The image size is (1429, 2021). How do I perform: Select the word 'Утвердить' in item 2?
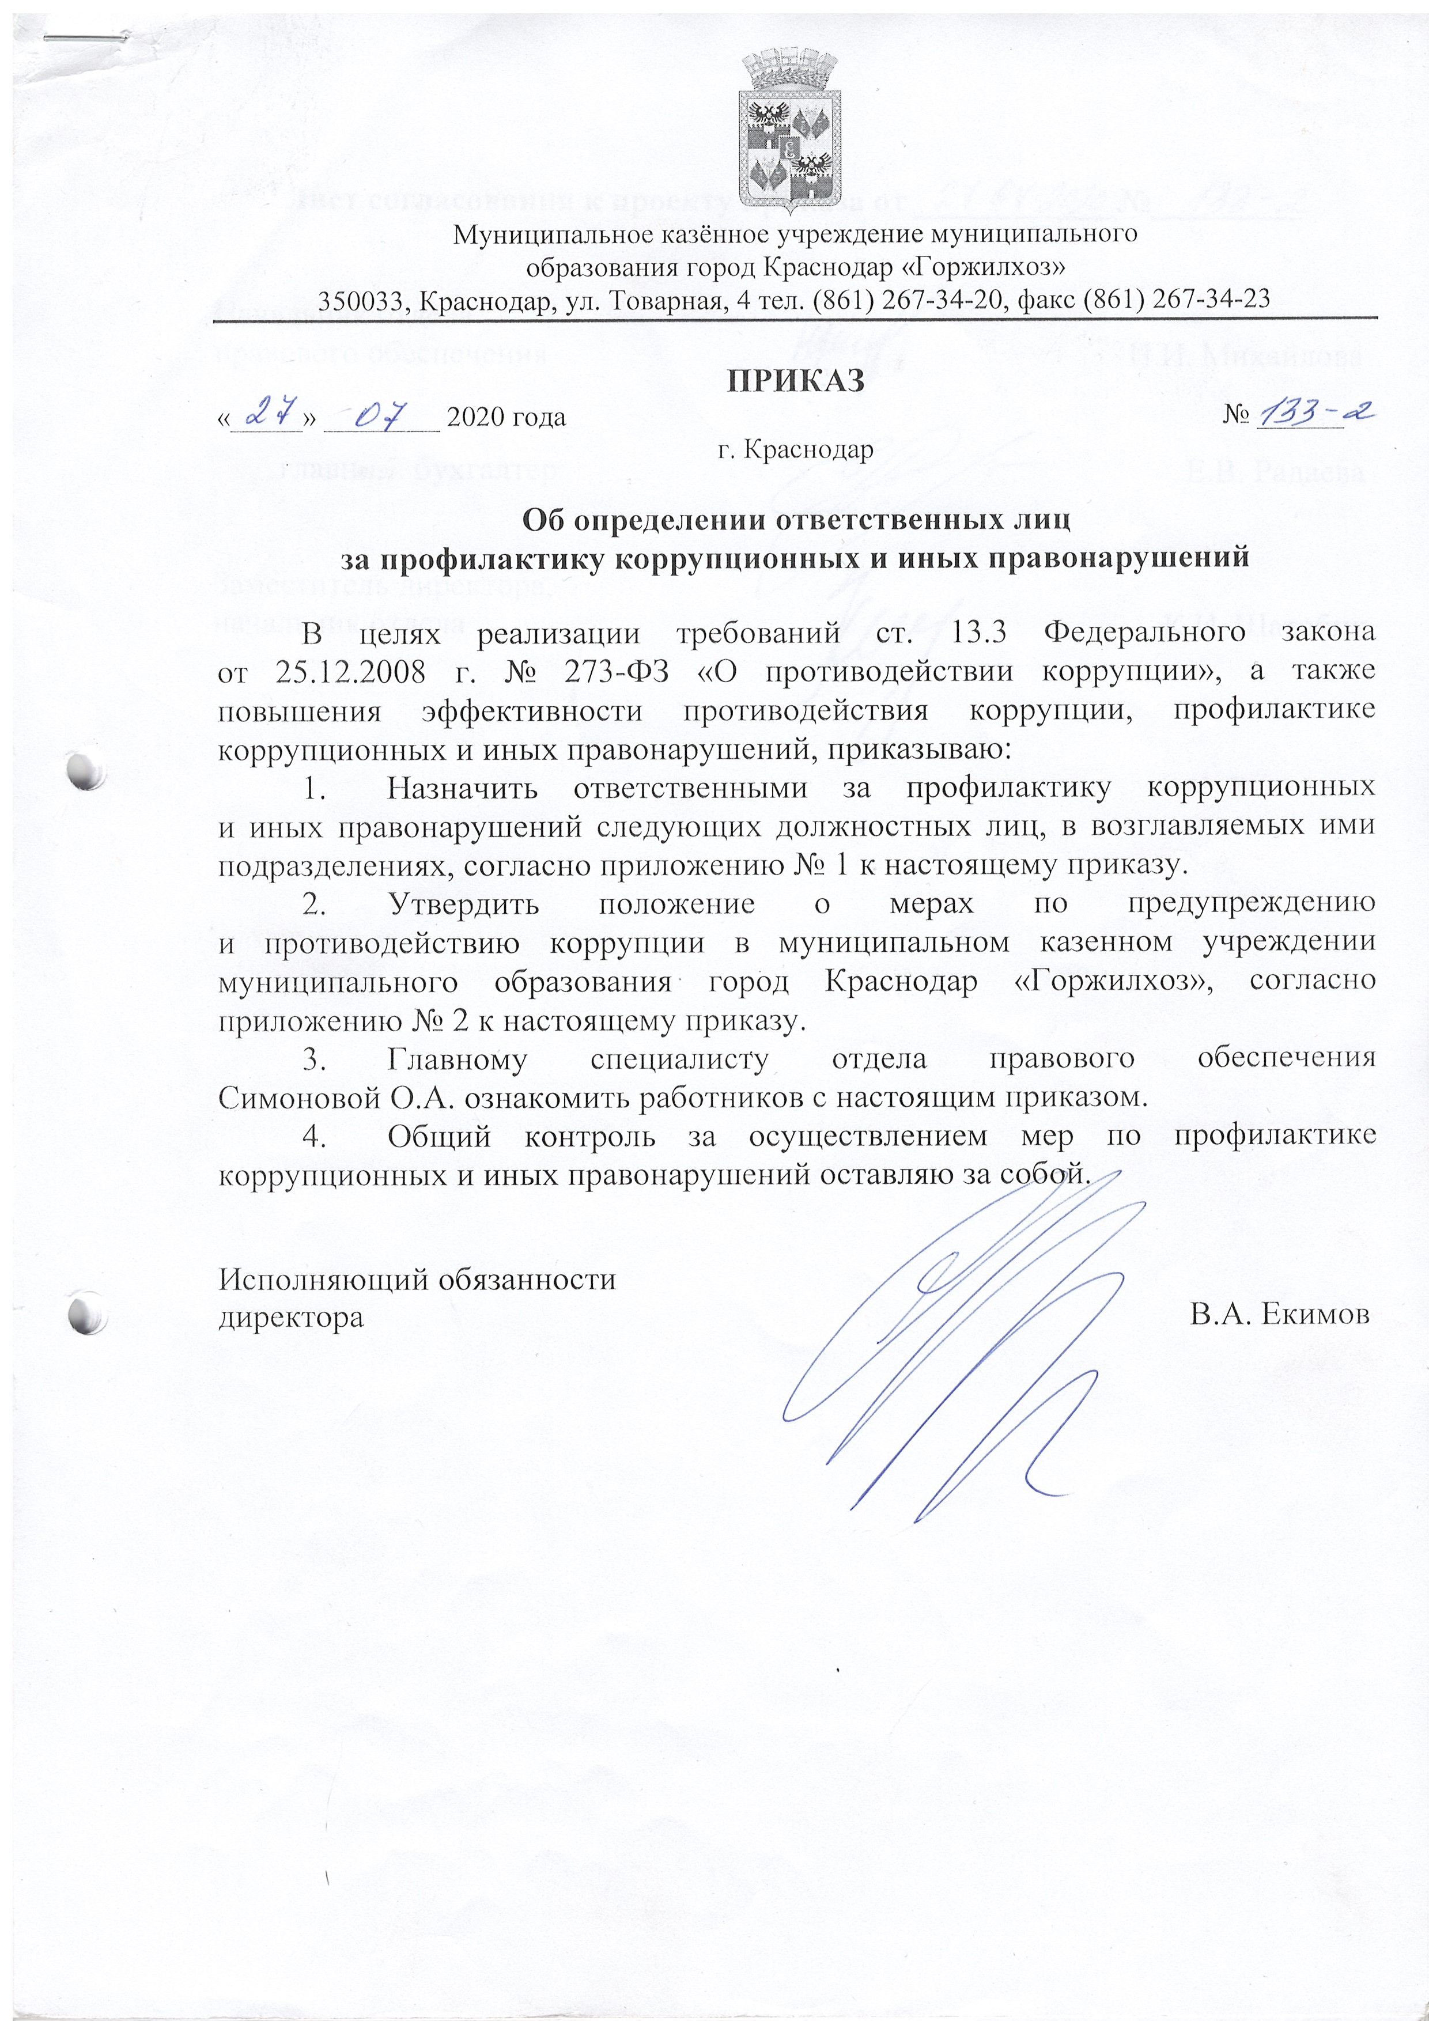click(462, 904)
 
